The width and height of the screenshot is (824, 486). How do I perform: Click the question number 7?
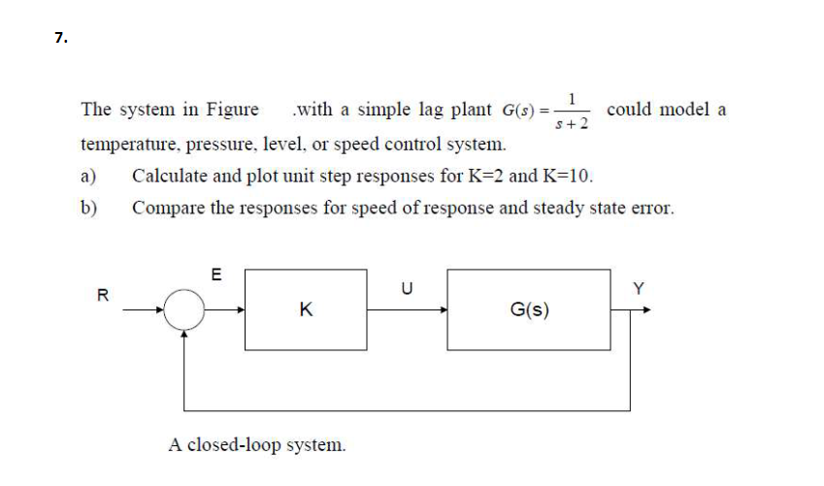point(60,38)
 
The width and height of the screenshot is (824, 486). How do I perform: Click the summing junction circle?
point(184,311)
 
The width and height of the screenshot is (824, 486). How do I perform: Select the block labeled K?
point(306,309)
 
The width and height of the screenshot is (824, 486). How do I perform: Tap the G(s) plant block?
point(529,309)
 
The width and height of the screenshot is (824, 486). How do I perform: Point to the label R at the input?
point(100,294)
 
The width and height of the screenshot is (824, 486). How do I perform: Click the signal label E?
point(215,275)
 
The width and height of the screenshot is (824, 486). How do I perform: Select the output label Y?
point(638,288)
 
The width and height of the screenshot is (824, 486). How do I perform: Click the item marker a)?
point(89,177)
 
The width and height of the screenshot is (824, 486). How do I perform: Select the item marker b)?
point(89,208)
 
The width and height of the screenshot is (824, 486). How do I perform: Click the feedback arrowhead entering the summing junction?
point(184,334)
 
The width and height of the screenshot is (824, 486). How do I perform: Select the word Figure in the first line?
point(230,110)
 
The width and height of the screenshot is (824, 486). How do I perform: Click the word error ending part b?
point(651,208)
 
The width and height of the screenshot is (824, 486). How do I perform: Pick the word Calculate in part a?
point(170,177)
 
